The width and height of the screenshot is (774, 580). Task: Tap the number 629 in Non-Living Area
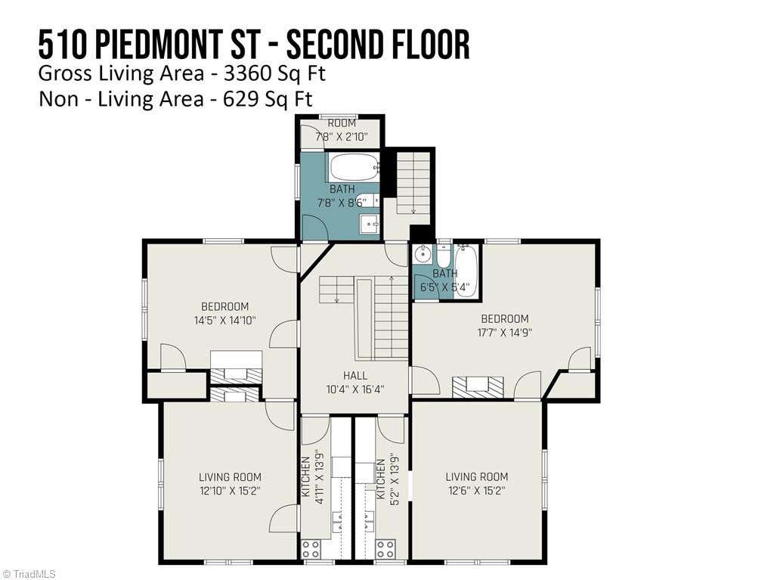pyautogui.click(x=240, y=99)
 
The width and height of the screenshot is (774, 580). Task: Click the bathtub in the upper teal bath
pyautogui.click(x=354, y=167)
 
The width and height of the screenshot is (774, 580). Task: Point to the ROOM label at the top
pyautogui.click(x=342, y=123)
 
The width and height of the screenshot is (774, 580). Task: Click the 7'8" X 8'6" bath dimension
pyautogui.click(x=342, y=202)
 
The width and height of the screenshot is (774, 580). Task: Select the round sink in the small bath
pyautogui.click(x=423, y=255)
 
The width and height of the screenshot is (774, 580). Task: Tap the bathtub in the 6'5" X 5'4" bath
pyautogui.click(x=466, y=271)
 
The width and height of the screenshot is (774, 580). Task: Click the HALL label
pyautogui.click(x=355, y=376)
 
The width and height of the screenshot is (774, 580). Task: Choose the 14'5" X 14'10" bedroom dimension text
pyautogui.click(x=225, y=320)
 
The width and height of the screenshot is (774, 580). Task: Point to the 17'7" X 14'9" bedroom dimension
pyautogui.click(x=504, y=333)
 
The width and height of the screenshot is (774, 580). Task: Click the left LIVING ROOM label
pyautogui.click(x=230, y=477)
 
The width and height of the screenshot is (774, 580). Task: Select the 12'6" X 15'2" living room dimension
pyautogui.click(x=477, y=491)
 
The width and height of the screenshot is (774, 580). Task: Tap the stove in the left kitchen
pyautogui.click(x=311, y=549)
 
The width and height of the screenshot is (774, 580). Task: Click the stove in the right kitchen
pyautogui.click(x=385, y=549)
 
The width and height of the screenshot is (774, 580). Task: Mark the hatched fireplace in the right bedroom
pyautogui.click(x=478, y=386)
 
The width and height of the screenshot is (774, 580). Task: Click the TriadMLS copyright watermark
pyautogui.click(x=28, y=574)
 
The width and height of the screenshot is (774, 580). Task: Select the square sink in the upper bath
pyautogui.click(x=369, y=225)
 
